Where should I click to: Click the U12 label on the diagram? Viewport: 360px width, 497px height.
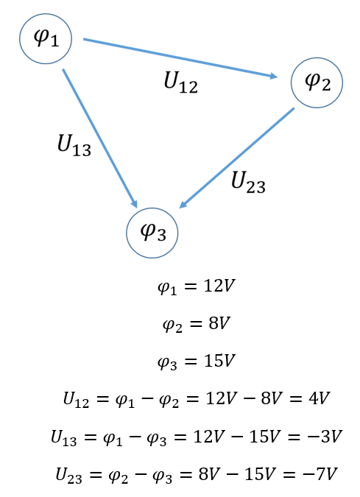click(x=180, y=82)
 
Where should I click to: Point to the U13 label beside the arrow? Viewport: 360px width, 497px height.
click(x=74, y=145)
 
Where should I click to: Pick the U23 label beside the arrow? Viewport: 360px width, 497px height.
click(x=248, y=183)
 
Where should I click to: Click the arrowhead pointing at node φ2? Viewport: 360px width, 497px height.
click(x=273, y=76)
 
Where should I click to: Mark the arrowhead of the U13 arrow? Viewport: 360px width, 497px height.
click(x=134, y=203)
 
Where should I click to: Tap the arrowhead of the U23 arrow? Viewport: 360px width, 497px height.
click(x=183, y=204)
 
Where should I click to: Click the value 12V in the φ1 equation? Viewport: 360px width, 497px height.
click(x=219, y=286)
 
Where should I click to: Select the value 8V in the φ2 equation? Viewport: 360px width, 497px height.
click(x=219, y=323)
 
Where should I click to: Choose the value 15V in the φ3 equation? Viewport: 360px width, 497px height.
click(x=219, y=361)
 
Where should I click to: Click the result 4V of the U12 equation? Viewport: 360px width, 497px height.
click(x=319, y=398)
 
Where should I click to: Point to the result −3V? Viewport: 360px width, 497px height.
click(x=325, y=436)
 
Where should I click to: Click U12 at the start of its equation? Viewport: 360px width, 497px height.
click(x=76, y=399)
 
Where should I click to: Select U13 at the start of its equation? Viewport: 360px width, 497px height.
click(x=64, y=437)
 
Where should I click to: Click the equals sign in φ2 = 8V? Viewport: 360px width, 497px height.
click(x=196, y=324)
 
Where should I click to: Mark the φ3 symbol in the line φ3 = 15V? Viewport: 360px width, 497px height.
click(x=167, y=362)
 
